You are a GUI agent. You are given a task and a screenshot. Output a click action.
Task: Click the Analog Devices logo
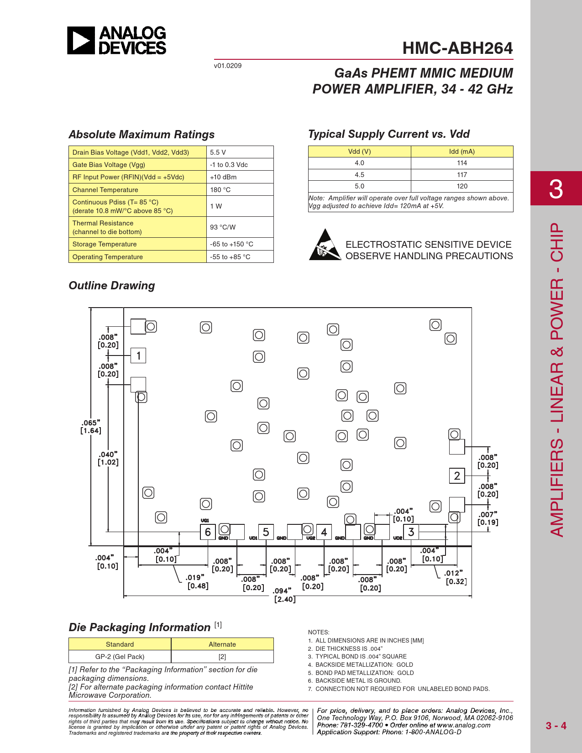(x=117, y=41)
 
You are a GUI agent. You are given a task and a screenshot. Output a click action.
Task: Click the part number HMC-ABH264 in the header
(x=457, y=48)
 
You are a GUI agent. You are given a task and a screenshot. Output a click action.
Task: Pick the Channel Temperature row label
(x=105, y=190)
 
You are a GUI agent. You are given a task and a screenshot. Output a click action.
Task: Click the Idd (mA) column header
(x=461, y=152)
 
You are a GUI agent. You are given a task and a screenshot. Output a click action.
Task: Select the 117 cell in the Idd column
(x=462, y=175)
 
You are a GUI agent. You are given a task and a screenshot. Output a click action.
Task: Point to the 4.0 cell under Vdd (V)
(x=359, y=163)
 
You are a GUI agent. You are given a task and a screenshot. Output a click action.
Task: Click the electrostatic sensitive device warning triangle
(x=325, y=245)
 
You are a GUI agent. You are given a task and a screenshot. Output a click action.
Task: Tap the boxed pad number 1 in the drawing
(x=138, y=356)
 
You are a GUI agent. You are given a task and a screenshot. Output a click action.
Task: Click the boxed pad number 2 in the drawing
(x=457, y=476)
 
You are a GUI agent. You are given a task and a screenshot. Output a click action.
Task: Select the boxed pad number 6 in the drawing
(x=208, y=532)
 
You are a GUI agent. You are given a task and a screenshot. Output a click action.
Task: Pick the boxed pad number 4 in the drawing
(x=324, y=532)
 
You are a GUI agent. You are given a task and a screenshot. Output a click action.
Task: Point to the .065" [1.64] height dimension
(x=91, y=427)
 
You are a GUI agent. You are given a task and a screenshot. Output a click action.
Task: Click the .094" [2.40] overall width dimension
(x=284, y=595)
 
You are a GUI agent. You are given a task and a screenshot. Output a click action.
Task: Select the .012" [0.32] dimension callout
(x=456, y=577)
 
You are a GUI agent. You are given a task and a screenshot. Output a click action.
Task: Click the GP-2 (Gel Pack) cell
(x=120, y=657)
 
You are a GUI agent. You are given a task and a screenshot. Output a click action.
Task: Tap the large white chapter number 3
(x=556, y=188)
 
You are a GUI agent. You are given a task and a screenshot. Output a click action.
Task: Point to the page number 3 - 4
(x=556, y=726)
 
